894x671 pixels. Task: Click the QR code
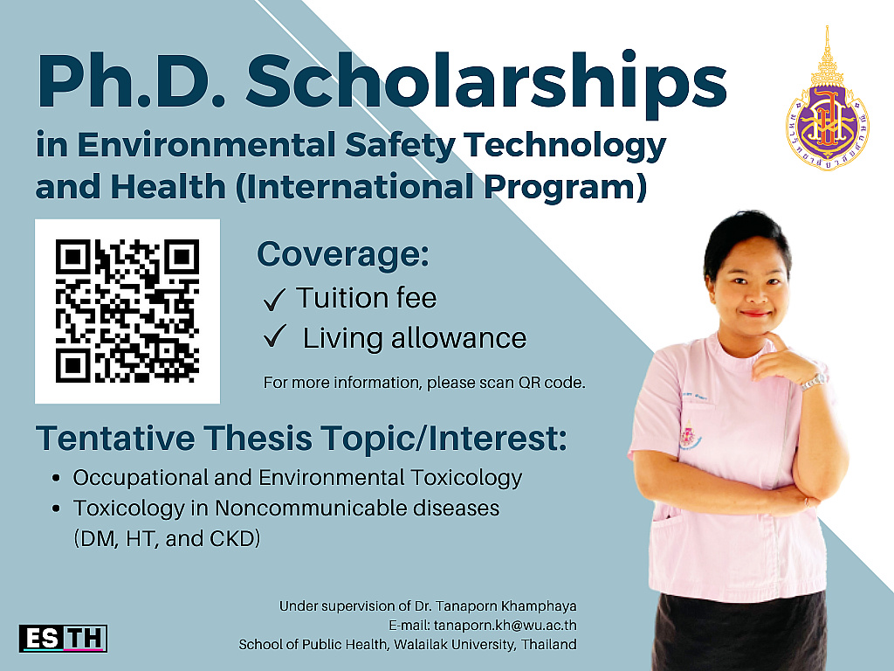click(x=127, y=311)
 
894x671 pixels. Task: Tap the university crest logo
click(x=828, y=100)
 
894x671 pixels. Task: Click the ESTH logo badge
click(x=63, y=639)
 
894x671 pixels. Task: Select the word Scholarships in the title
click(x=485, y=82)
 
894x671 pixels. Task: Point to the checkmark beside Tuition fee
click(x=274, y=300)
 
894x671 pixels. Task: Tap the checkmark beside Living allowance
click(x=274, y=336)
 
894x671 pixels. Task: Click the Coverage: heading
click(x=342, y=254)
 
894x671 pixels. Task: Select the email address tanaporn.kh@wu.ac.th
click(x=501, y=626)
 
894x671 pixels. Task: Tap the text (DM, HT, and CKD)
click(x=167, y=538)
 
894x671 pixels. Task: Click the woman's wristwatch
click(x=813, y=382)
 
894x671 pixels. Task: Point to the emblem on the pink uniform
click(x=690, y=436)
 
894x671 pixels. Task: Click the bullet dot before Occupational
click(x=56, y=478)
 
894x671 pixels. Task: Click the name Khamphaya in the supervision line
click(x=539, y=606)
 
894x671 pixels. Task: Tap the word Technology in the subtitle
click(x=565, y=146)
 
